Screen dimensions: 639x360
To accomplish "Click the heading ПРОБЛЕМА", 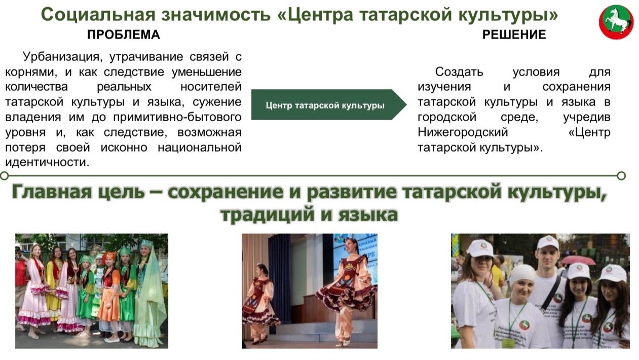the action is point(124,35).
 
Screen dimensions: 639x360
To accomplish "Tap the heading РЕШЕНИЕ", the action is point(514,35).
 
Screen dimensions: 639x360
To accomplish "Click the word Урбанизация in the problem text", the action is point(62,57).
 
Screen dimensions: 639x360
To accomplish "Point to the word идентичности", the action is point(47,162).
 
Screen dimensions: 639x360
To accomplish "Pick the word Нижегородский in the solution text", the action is point(463,132).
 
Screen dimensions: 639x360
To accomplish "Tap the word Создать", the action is point(459,72).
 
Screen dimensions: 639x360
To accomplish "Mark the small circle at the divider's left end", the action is point(5,175).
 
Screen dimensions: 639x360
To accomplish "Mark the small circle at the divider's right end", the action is point(621,175).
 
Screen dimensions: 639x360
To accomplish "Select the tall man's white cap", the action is point(547,243).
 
